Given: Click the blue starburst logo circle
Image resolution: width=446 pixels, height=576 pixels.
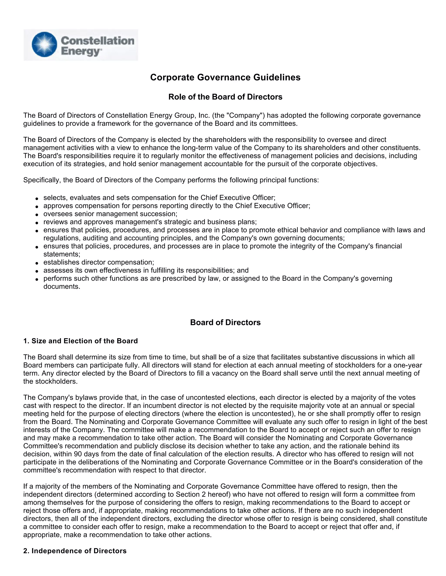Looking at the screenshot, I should [x=44, y=45].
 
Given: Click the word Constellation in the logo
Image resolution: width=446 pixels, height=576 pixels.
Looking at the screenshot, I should [x=98, y=41].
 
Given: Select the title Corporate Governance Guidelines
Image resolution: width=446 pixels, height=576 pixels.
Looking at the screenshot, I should [x=225, y=77].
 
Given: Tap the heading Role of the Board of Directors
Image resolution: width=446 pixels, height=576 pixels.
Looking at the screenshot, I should [x=225, y=97].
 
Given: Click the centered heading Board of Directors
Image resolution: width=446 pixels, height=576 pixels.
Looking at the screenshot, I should [x=225, y=323].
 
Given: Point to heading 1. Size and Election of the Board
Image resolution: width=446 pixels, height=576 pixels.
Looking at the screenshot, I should [x=81, y=341].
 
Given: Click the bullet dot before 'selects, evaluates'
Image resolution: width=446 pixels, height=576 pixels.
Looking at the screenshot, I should [x=37, y=198].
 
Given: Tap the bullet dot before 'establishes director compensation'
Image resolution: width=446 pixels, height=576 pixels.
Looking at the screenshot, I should [x=37, y=263].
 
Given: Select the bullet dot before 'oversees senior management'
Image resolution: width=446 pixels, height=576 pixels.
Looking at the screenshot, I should [x=37, y=214].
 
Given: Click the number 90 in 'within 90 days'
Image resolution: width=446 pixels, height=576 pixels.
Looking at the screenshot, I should [x=78, y=454].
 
